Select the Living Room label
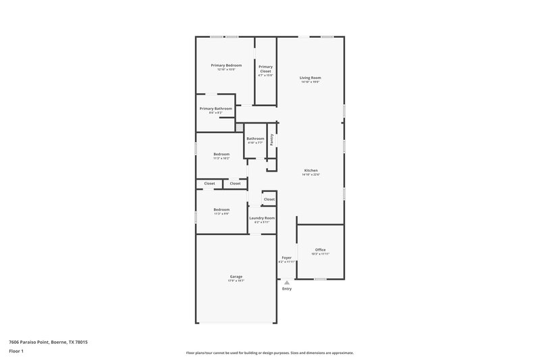pos(310,78)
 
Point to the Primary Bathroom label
pos(215,108)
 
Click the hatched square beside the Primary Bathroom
pos(239,126)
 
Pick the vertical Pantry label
pos(271,138)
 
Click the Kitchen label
pos(310,170)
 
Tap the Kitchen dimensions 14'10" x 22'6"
pos(310,175)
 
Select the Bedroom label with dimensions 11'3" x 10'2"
pos(221,154)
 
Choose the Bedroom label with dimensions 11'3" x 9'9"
pos(221,209)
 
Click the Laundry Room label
pos(262,217)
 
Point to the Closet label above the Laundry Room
pos(269,199)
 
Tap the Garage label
pos(236,276)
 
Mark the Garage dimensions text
pos(236,281)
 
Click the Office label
pos(320,249)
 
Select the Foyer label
pos(286,257)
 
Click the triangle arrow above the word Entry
pos(287,282)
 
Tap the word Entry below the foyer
pos(287,289)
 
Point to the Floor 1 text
pos(17,352)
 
